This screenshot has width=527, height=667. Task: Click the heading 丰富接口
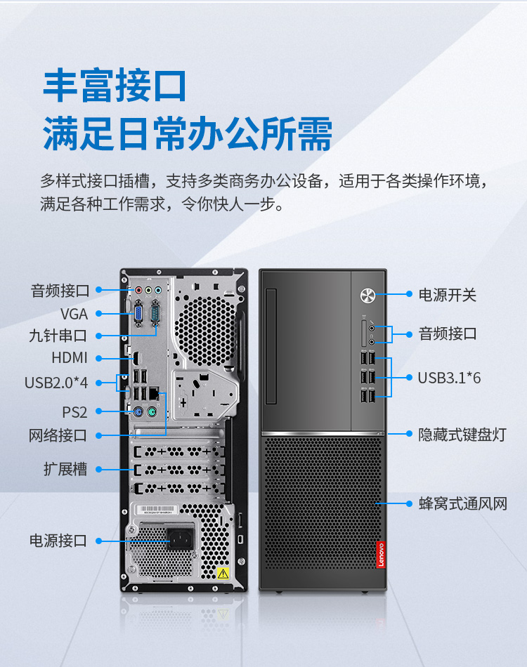(115, 86)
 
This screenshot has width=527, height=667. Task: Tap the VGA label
(74, 314)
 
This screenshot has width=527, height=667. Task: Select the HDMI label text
(70, 358)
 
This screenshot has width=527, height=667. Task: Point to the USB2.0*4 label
(56, 383)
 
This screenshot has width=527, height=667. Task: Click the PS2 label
(74, 411)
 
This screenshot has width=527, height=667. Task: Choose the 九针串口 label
(58, 336)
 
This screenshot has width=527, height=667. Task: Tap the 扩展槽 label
(65, 469)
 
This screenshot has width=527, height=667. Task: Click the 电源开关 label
(448, 294)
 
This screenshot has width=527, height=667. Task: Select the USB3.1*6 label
(449, 378)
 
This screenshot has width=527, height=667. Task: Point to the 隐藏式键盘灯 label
(462, 435)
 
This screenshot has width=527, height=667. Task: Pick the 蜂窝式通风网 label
(463, 503)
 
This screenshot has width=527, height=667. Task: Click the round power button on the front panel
(367, 295)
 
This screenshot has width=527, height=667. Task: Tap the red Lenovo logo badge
(381, 555)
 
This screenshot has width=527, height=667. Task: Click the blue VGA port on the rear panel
(138, 315)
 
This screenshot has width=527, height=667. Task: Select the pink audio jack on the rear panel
(138, 290)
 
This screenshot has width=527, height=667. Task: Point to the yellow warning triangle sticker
(223, 574)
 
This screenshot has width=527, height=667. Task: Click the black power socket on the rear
(180, 539)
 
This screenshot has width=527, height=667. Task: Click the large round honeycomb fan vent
(206, 330)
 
